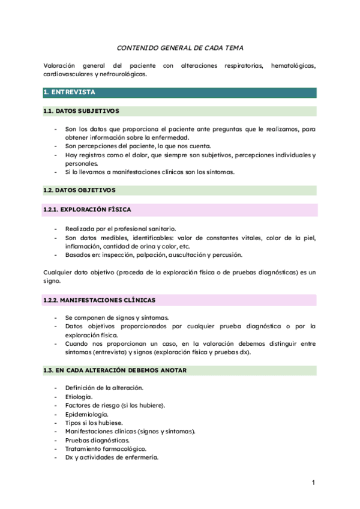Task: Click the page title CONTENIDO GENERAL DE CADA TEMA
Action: tap(180, 47)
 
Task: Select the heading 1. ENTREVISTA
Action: tap(69, 92)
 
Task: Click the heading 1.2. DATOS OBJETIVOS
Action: tap(79, 190)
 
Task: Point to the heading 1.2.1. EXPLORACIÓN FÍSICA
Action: tap(87, 209)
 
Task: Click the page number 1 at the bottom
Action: tap(313, 483)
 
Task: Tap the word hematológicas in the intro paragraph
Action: tap(293, 65)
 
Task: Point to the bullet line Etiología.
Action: tap(79, 397)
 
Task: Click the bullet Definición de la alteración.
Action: tap(104, 388)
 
